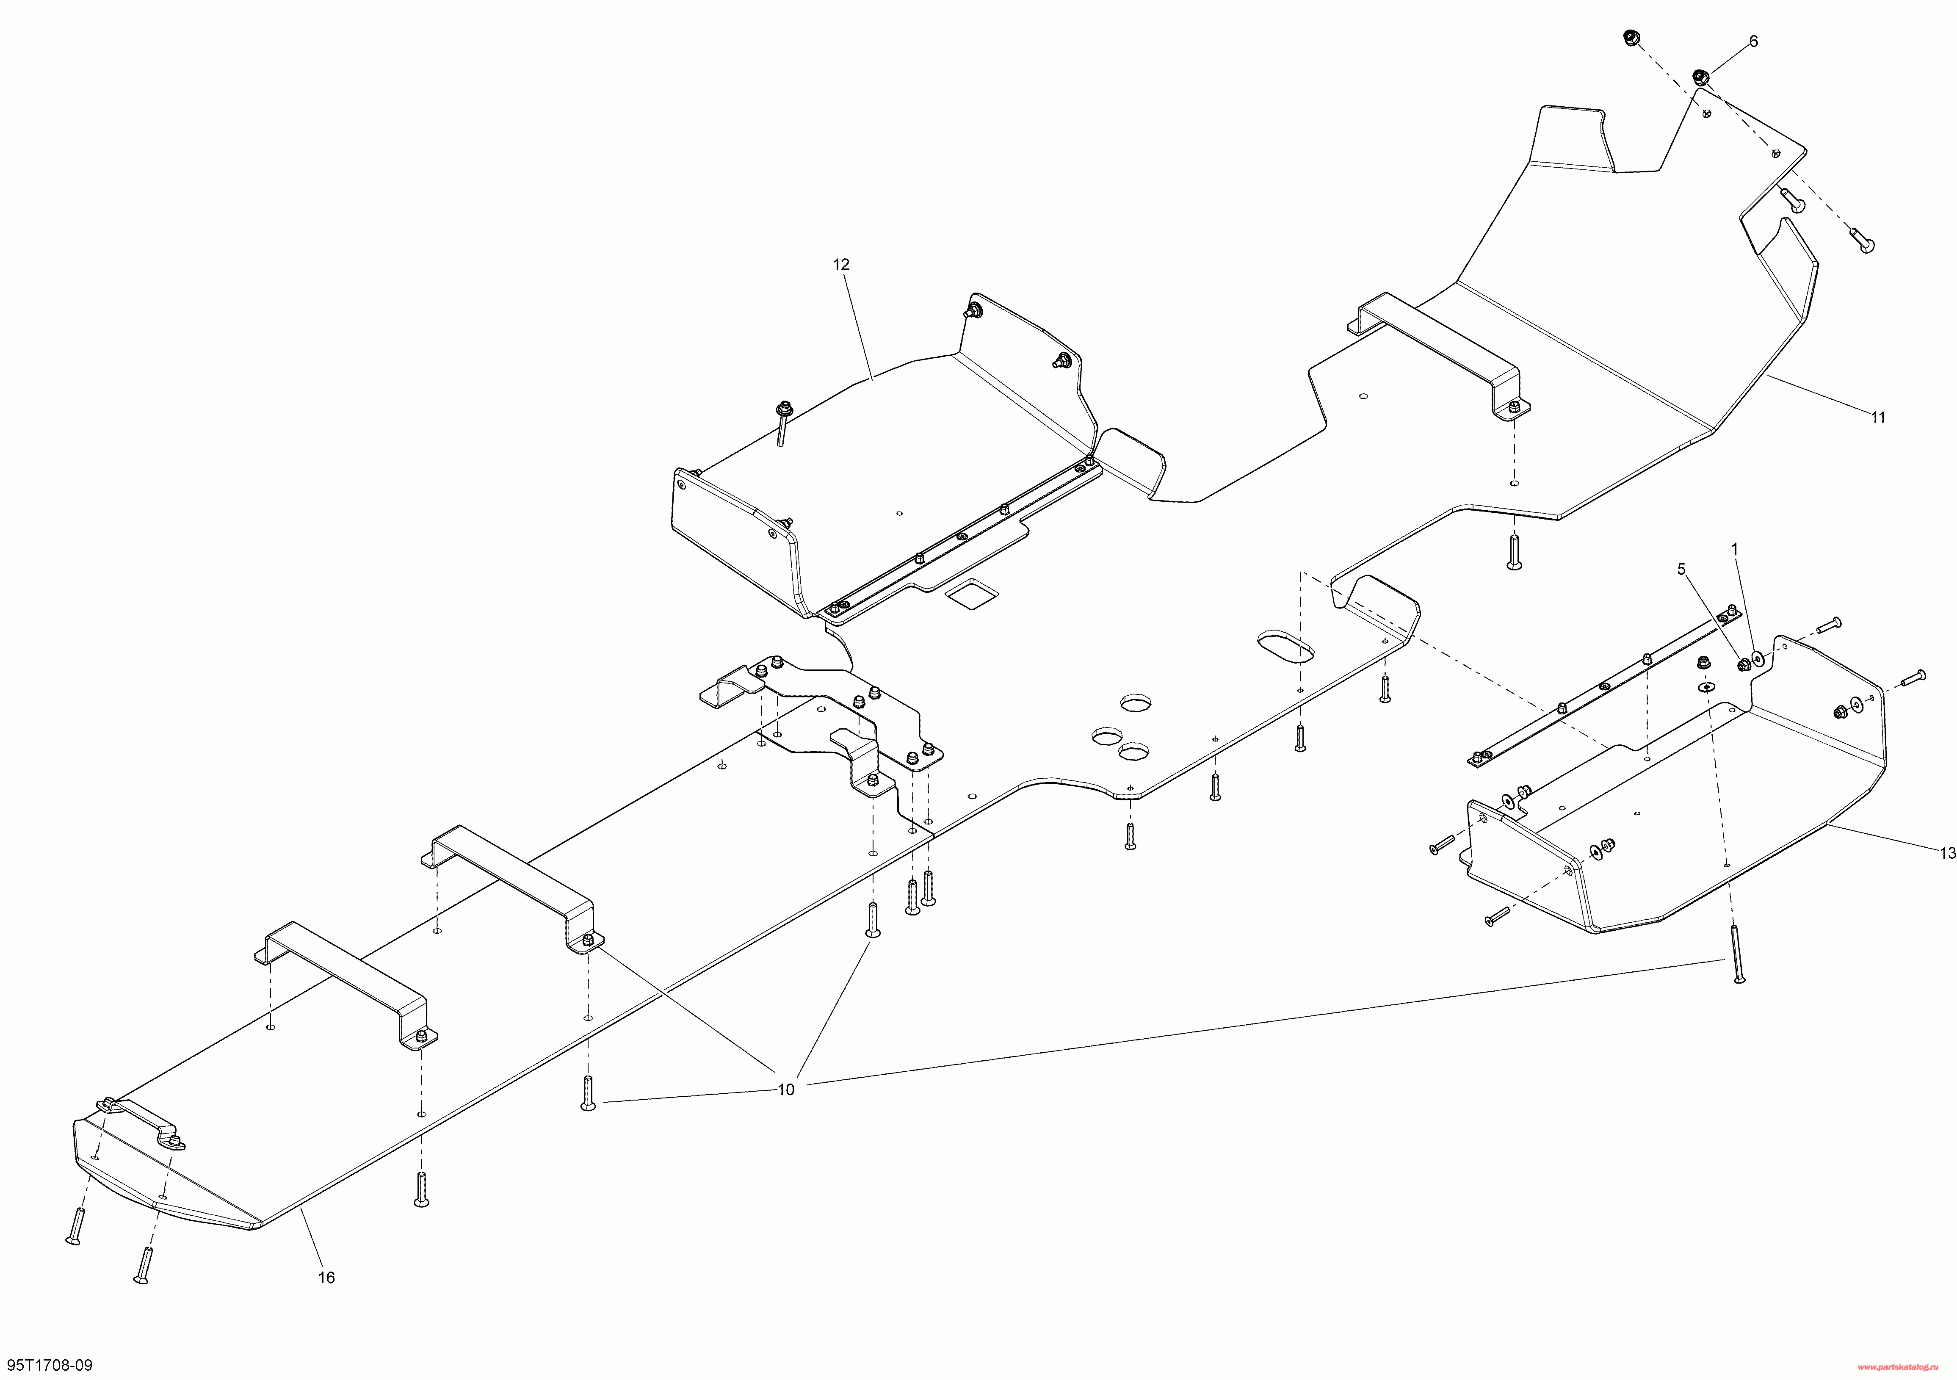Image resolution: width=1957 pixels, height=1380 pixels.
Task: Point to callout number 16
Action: (326, 1277)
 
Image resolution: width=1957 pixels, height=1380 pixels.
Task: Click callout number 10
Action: (786, 1090)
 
